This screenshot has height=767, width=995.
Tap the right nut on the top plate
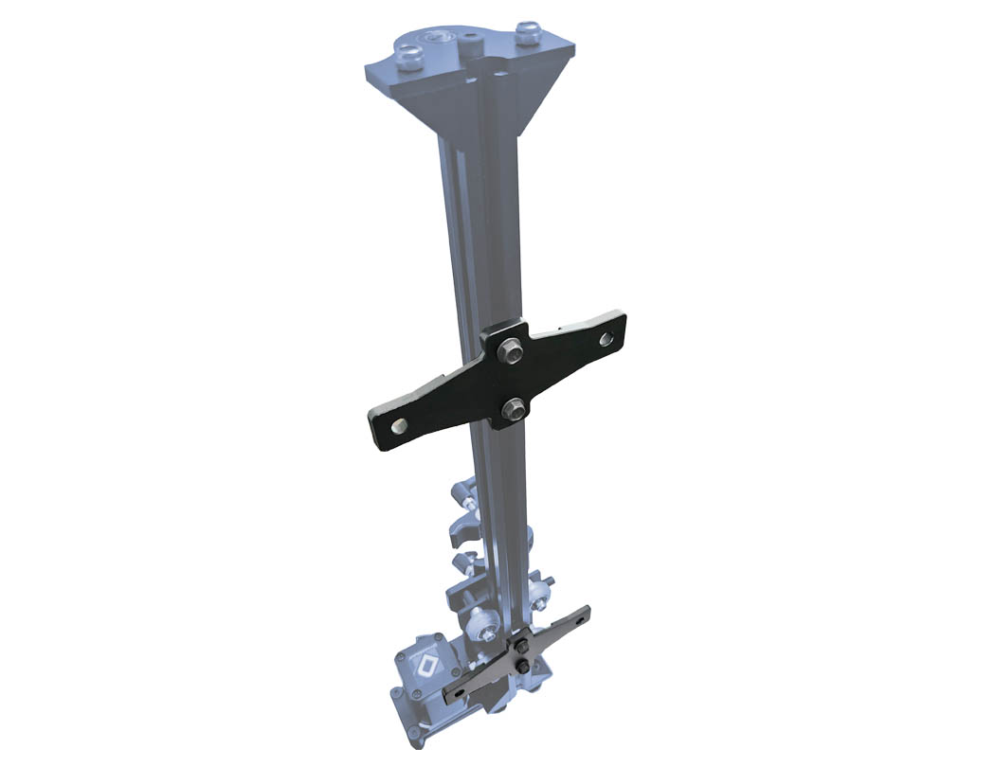[x=527, y=35]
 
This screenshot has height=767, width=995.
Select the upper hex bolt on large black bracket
[x=512, y=348]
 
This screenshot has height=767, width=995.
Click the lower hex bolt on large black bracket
[x=514, y=408]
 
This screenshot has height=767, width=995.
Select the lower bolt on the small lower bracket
[x=522, y=669]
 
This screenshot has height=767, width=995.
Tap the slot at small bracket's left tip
[x=459, y=693]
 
